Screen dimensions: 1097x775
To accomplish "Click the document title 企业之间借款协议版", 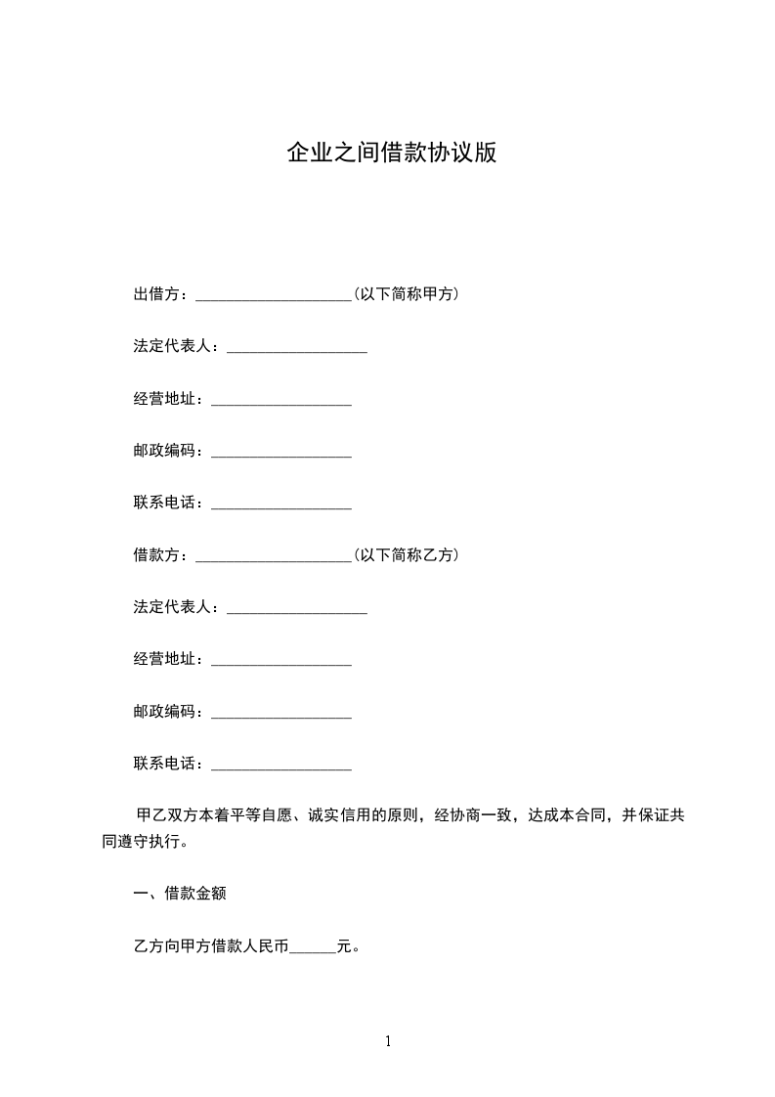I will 391,154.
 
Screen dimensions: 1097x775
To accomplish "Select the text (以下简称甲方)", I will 407,294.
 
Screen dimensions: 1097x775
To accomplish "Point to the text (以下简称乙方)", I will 407,555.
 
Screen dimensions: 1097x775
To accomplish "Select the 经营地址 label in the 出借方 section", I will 168,399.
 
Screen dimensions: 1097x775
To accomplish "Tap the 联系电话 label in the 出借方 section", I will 168,504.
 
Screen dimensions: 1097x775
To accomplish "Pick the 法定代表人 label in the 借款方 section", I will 176,608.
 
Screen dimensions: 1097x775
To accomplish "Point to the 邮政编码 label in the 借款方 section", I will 168,712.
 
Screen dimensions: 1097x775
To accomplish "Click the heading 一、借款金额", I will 181,894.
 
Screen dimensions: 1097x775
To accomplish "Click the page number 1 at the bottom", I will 388,1041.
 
